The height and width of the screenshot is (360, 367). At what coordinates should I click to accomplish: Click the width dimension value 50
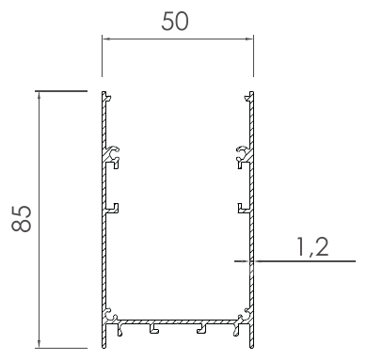click(x=175, y=22)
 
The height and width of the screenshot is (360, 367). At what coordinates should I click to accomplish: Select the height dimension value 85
click(x=22, y=219)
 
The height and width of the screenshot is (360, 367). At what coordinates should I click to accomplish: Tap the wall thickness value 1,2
click(x=312, y=247)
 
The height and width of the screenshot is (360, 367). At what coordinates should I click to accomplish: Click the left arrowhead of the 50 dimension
click(x=106, y=39)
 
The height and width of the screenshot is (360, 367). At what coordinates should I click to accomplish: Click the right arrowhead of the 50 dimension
click(x=248, y=39)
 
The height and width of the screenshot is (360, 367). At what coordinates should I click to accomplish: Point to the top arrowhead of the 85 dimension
click(x=39, y=96)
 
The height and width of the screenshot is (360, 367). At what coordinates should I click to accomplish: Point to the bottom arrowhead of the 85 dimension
click(x=39, y=343)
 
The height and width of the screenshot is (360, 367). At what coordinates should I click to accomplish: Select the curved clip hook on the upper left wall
click(x=114, y=152)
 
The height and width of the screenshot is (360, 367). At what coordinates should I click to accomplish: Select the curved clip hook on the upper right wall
click(x=242, y=152)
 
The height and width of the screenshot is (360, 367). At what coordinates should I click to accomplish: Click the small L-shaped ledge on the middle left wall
click(x=114, y=208)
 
